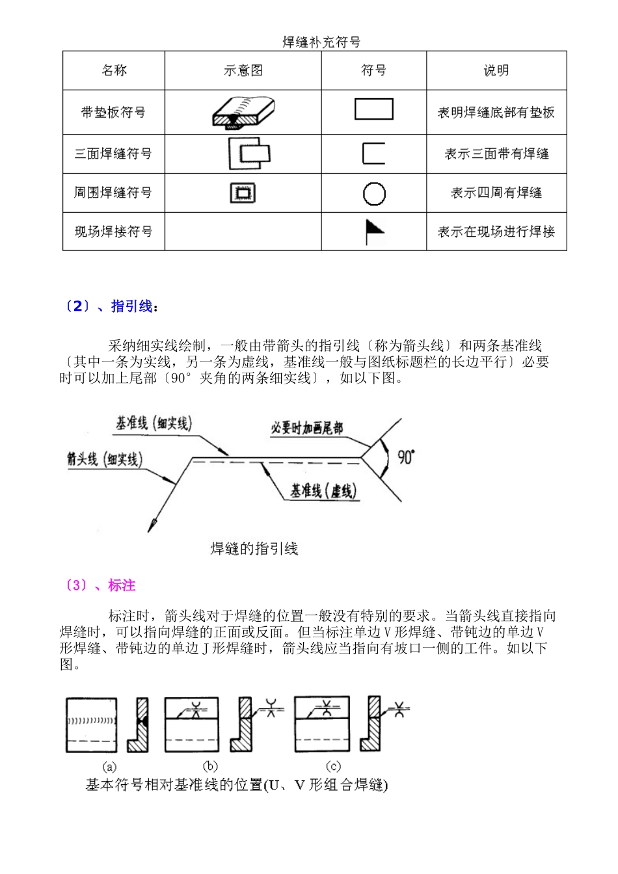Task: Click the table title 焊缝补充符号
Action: click(x=321, y=42)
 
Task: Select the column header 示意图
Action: click(x=243, y=71)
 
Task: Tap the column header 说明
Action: click(x=496, y=71)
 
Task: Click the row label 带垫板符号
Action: click(x=113, y=113)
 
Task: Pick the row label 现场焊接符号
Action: click(x=113, y=232)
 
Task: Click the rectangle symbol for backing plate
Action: click(x=373, y=109)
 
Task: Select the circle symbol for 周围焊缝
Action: click(x=374, y=193)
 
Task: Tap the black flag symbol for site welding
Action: click(x=373, y=231)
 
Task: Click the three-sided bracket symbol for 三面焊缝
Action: click(x=373, y=153)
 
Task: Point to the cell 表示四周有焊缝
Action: click(x=496, y=193)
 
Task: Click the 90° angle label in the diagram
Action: click(x=405, y=457)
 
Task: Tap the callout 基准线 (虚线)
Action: click(x=323, y=491)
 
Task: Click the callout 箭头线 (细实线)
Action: click(x=104, y=459)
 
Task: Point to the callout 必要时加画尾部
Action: click(x=306, y=428)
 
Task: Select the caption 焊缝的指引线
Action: click(x=254, y=549)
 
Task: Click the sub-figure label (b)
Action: click(x=209, y=766)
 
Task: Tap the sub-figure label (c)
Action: click(x=332, y=766)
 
